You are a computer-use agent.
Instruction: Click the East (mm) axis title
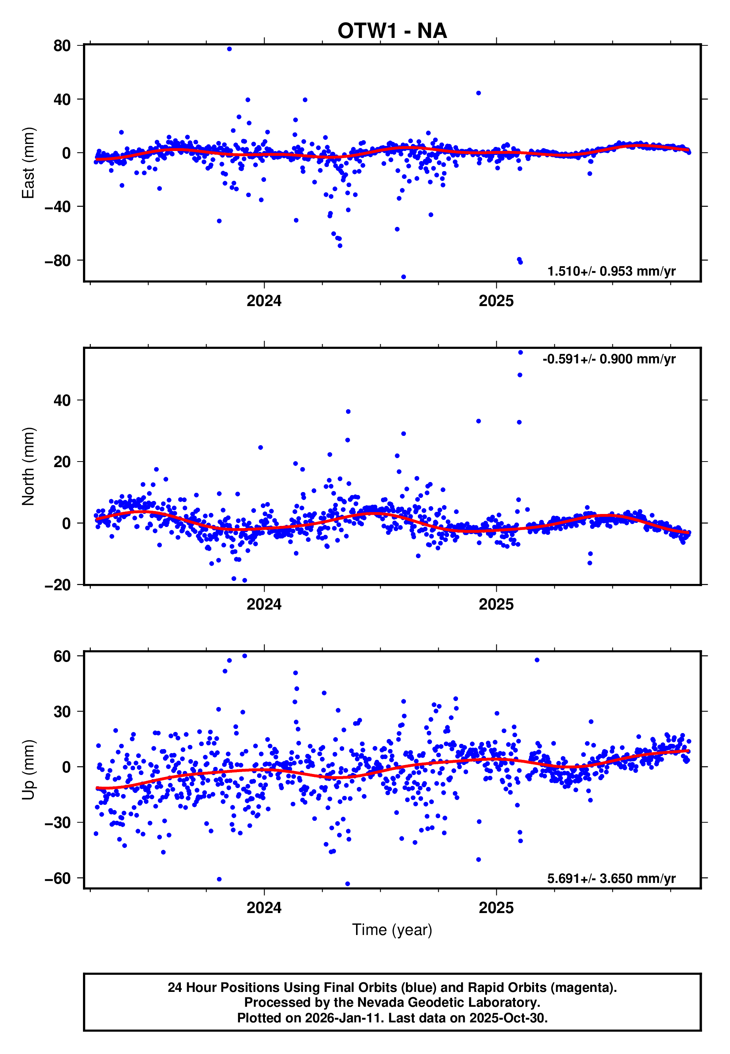tap(28, 163)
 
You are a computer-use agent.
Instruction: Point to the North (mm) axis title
tap(28, 466)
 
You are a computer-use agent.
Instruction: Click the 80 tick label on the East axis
tap(62, 46)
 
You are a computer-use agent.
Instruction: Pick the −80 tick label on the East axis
tap(58, 261)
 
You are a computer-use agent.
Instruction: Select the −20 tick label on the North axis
tap(58, 585)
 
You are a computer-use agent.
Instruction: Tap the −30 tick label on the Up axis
tap(58, 823)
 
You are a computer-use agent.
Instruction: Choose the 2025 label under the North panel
tap(496, 605)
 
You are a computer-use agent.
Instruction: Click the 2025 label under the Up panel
tap(496, 908)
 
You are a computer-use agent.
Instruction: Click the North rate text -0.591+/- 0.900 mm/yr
tap(609, 359)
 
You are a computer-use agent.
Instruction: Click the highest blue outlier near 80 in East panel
tap(229, 49)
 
